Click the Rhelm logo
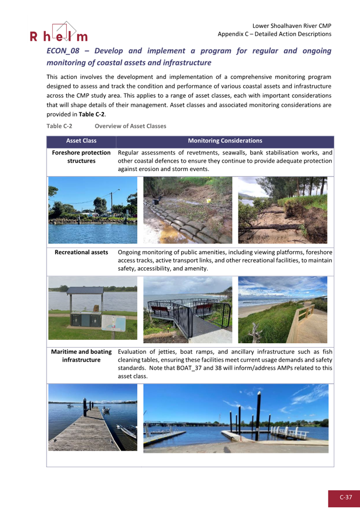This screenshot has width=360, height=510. click(x=58, y=33)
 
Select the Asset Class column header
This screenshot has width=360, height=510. click(x=81, y=141)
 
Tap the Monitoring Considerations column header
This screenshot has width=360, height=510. click(x=225, y=141)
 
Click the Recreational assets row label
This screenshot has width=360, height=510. click(x=81, y=252)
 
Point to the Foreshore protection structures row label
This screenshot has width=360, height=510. click(x=81, y=157)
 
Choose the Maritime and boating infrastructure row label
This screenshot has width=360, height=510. click(x=81, y=356)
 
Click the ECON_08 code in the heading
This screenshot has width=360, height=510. click(x=63, y=51)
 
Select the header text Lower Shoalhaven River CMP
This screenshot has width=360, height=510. click(x=292, y=26)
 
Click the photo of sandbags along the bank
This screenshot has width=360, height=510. click(x=187, y=210)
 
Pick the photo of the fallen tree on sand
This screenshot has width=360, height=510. click(x=282, y=210)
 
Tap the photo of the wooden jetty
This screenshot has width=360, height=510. click(x=93, y=417)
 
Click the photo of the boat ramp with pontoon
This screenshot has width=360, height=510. click(x=235, y=418)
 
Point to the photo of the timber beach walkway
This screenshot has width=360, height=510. click(x=282, y=309)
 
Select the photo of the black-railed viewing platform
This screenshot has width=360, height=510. click(x=187, y=309)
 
